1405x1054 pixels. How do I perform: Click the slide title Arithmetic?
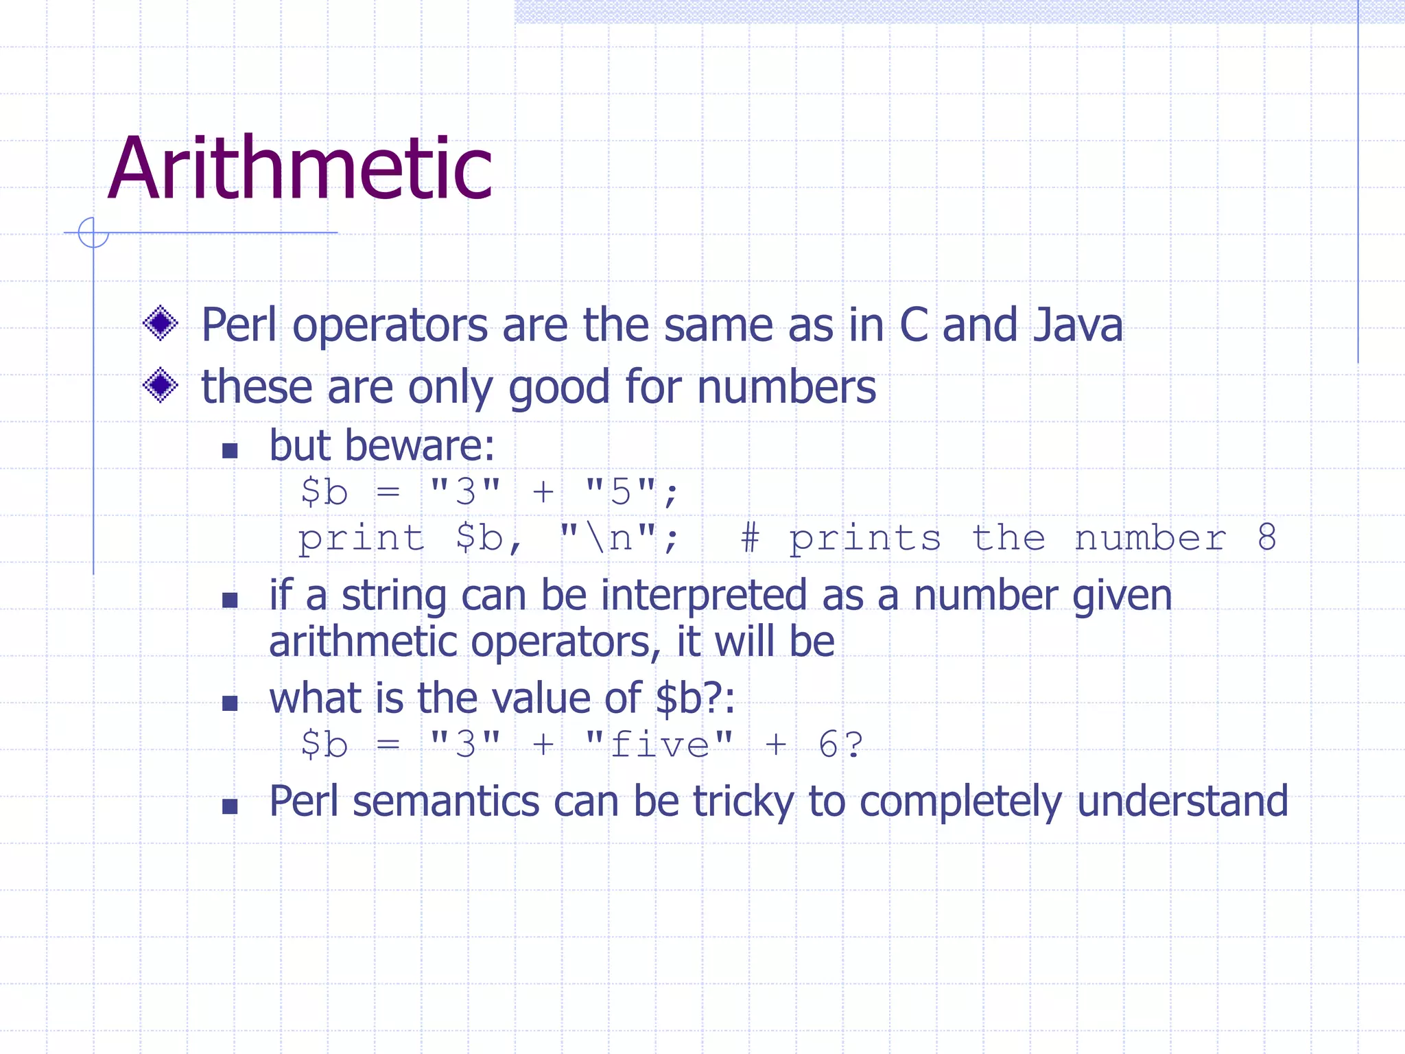(300, 169)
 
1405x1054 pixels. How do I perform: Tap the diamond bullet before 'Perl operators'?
(161, 323)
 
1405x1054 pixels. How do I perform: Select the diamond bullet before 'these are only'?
(161, 385)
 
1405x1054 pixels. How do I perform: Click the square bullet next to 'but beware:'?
(230, 451)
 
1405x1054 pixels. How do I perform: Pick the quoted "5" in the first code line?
(620, 491)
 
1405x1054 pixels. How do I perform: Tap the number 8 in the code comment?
(1266, 537)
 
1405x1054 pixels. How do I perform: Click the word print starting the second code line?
(361, 538)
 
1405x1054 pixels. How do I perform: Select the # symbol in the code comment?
(750, 537)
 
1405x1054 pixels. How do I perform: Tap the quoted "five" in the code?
(659, 745)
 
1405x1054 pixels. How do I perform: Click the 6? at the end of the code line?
(840, 745)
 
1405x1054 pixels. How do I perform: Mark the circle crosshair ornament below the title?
(93, 233)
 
